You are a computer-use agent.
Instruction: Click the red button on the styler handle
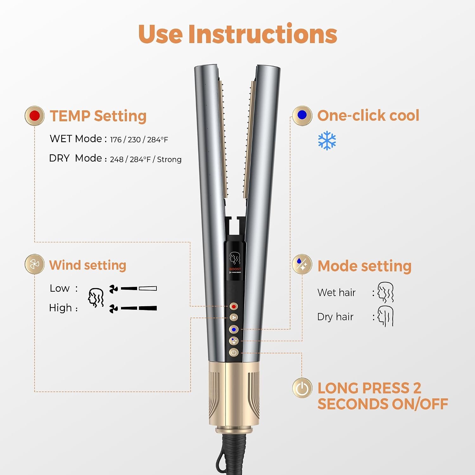click(x=234, y=307)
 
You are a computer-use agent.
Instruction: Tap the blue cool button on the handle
click(x=234, y=330)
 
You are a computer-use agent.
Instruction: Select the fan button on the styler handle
click(x=234, y=318)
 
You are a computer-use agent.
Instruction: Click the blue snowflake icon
click(x=327, y=141)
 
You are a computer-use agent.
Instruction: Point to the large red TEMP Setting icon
click(x=35, y=116)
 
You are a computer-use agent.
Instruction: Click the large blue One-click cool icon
click(x=302, y=116)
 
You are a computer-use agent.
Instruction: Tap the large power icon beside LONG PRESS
click(x=302, y=388)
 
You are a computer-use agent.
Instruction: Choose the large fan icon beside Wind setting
click(x=35, y=264)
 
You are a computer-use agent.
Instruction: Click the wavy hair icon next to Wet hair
click(x=385, y=292)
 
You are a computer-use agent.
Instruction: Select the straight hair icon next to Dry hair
click(x=385, y=316)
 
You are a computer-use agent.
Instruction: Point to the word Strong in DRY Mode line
click(x=169, y=159)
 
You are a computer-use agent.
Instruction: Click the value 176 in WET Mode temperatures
click(x=116, y=140)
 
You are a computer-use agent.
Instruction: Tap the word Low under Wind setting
click(x=60, y=288)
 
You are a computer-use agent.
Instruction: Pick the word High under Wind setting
click(x=60, y=308)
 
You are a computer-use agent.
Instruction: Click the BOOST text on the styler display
click(x=235, y=269)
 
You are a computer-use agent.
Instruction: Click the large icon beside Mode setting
click(x=302, y=264)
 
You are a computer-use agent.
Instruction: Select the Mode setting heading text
click(x=364, y=266)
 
